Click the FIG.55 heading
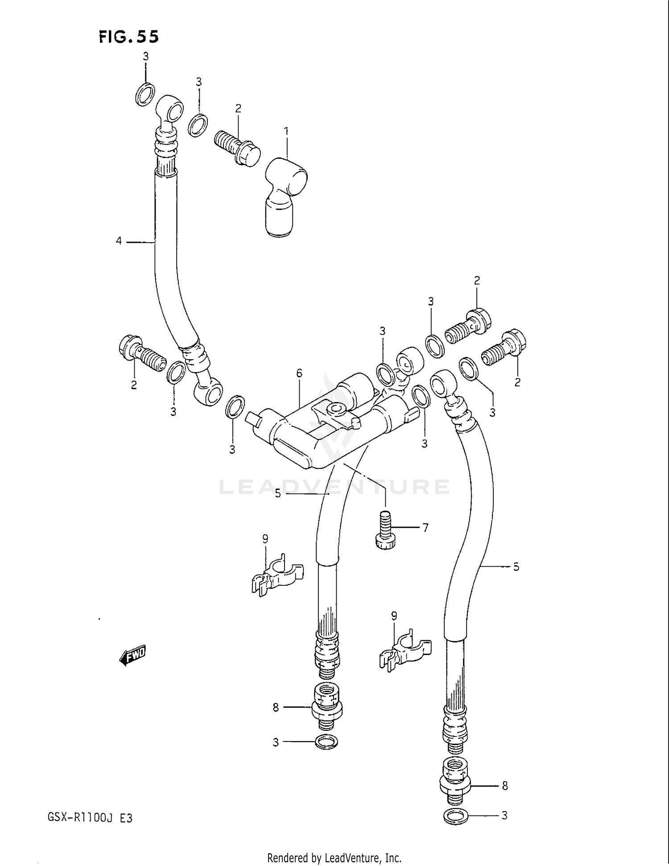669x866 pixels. [x=128, y=37]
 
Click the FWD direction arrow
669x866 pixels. [x=133, y=655]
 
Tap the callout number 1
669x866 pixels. [x=286, y=131]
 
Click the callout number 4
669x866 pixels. [x=119, y=241]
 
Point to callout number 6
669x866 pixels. [x=299, y=373]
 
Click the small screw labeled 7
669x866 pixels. [x=386, y=531]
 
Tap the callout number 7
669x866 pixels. [x=425, y=528]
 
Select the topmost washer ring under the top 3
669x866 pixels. [x=145, y=94]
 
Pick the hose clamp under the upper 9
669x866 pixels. [x=277, y=576]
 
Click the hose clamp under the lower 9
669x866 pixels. [x=405, y=651]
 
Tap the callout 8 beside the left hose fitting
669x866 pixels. [x=276, y=707]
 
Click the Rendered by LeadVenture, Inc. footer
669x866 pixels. [x=334, y=858]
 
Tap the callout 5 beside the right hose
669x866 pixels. [x=516, y=567]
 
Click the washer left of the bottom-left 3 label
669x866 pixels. [x=326, y=742]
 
